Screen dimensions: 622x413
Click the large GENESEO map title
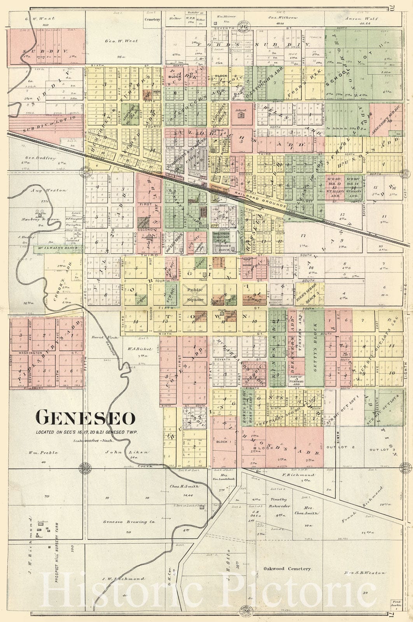(x=86, y=418)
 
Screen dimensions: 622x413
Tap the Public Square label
(x=195, y=294)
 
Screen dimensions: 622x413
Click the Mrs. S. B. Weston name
(x=364, y=573)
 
